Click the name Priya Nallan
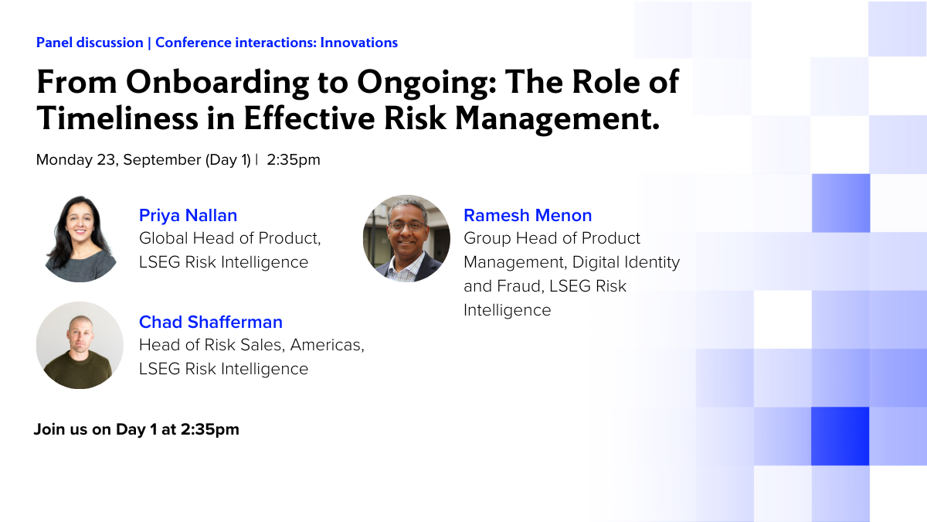coord(188,216)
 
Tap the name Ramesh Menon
coord(528,216)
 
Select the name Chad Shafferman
coord(211,322)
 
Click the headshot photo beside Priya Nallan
coord(80,239)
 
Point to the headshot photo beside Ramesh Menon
coord(406,239)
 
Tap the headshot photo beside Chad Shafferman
coord(80,345)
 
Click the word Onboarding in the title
coord(217,83)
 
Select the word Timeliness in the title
coord(117,118)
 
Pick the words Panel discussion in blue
coord(90,43)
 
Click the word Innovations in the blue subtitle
coord(358,43)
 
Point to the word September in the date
coord(162,160)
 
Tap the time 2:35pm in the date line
coord(294,160)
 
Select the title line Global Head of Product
coord(229,238)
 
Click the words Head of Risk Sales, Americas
coord(252,345)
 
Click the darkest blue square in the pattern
coord(840,436)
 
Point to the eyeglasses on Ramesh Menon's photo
coord(408,226)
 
